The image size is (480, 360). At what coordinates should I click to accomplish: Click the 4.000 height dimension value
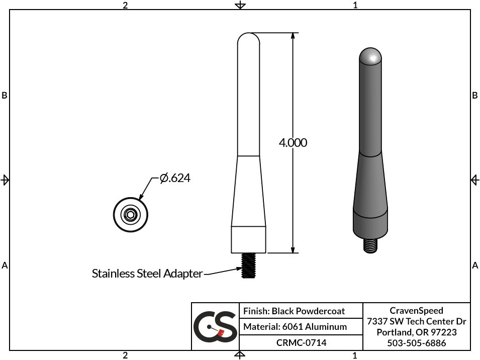point(293,143)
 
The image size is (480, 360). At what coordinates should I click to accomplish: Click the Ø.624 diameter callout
point(175,178)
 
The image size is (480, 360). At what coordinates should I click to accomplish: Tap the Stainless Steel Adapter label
point(147,274)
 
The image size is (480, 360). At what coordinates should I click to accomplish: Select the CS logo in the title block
point(215,326)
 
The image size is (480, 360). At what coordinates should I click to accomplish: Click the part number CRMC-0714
point(301,343)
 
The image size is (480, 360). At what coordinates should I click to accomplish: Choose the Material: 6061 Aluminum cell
point(295,327)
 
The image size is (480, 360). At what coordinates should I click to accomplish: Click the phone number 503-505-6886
point(416,343)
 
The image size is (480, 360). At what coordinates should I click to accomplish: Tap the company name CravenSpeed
point(416,311)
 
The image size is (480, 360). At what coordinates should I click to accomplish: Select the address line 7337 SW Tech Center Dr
point(416,321)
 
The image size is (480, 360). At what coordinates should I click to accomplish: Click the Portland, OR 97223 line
point(416,332)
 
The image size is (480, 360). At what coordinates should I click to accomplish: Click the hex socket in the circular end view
point(131,215)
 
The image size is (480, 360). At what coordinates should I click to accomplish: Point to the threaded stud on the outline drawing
point(248,265)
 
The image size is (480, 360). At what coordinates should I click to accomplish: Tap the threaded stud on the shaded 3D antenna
point(370,245)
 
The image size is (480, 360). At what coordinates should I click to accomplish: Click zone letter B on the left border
point(5,96)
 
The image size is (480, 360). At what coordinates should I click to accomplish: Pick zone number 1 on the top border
point(355,5)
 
